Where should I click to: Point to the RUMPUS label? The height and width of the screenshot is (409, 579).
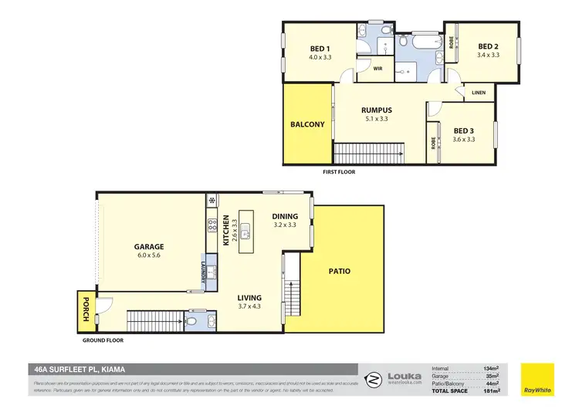pos(375,110)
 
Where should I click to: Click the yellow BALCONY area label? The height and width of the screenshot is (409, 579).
pos(307,124)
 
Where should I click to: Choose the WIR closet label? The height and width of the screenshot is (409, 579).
pos(378,69)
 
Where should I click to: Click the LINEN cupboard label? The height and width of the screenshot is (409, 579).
pos(479,93)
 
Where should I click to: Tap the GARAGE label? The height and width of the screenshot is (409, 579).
pos(148,247)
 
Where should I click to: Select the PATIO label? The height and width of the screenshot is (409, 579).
pos(339,271)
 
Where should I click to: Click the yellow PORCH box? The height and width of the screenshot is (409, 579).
pos(83,310)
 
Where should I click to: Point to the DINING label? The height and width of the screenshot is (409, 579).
pos(286,217)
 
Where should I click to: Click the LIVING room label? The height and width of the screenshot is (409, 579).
pos(249,298)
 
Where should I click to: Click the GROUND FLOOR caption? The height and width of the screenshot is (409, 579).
pos(103,340)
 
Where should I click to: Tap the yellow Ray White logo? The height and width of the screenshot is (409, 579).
pos(537,378)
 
